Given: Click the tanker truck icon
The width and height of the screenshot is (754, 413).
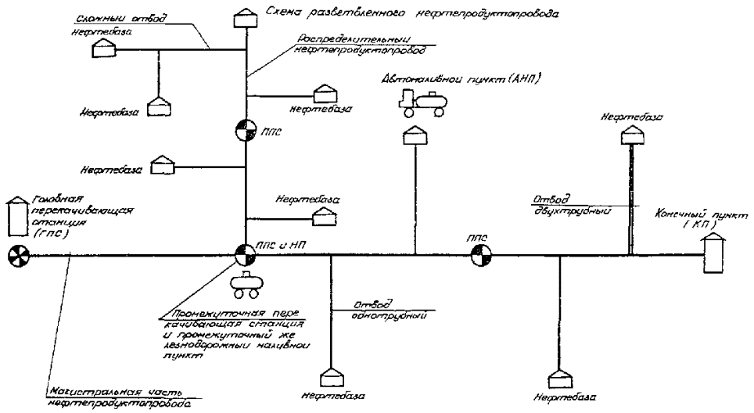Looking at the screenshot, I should pos(420,101).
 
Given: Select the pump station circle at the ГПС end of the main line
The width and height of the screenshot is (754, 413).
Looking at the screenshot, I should pos(16,255).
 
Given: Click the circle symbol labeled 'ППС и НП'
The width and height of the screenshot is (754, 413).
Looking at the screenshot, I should pos(246,254).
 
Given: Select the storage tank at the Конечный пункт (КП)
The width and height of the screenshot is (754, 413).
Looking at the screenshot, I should pos(713,253).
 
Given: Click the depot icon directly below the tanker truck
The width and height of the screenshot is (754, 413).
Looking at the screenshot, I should pos(415,137).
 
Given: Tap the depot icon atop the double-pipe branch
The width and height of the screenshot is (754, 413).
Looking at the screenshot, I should pos(630,135).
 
